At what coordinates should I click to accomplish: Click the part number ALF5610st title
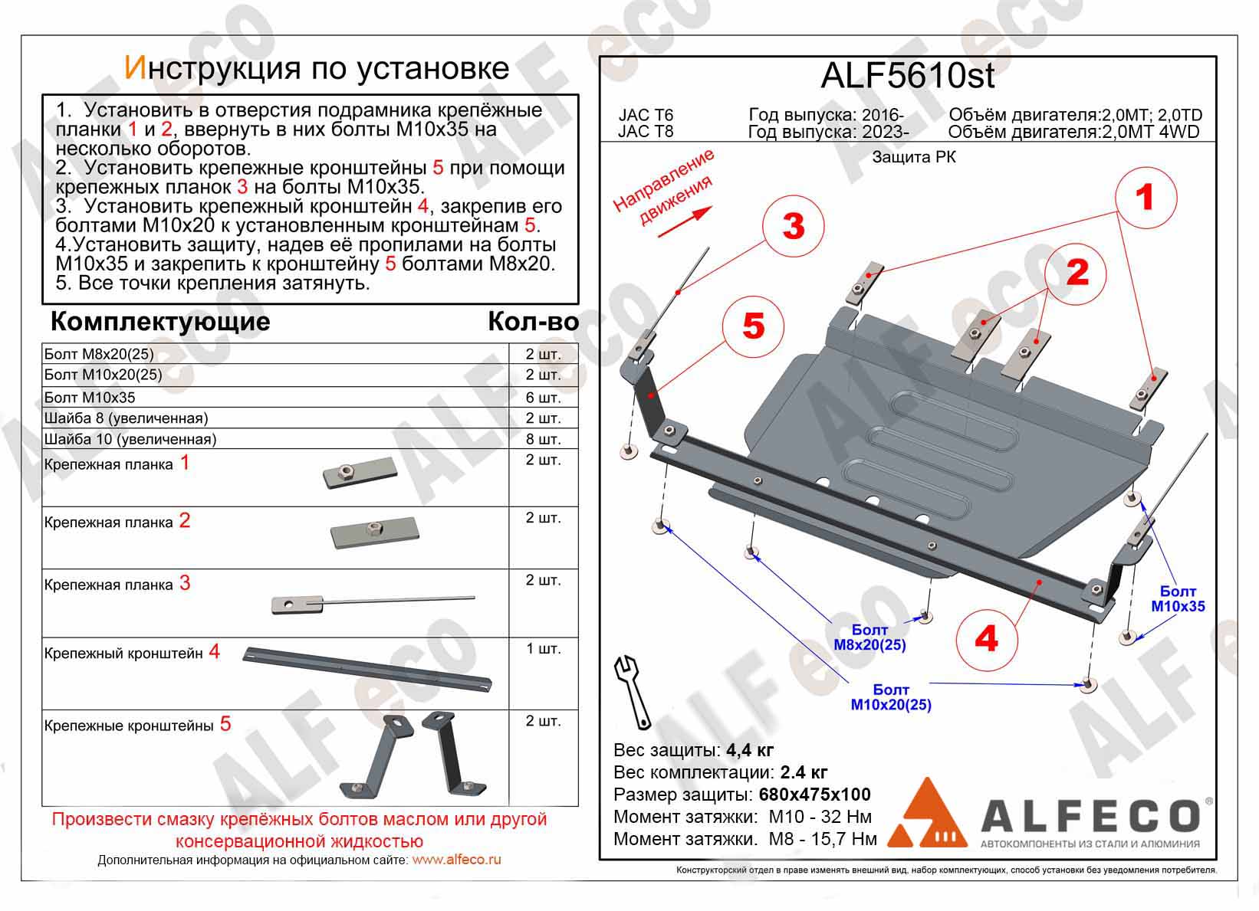(x=907, y=76)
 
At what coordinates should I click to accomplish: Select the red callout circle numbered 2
(x=1077, y=271)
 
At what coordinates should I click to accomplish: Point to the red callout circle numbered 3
(x=793, y=226)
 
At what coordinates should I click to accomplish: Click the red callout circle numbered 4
(x=987, y=637)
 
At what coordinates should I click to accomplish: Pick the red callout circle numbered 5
(x=754, y=326)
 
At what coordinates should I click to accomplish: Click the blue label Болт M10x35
(x=1178, y=599)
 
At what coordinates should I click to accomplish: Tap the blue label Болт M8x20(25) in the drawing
(x=869, y=637)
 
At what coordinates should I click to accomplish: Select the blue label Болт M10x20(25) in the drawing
(x=891, y=697)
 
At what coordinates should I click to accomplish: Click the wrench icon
(x=633, y=691)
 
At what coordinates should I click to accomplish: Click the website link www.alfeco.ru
(x=456, y=860)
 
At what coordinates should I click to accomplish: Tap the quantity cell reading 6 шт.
(x=543, y=398)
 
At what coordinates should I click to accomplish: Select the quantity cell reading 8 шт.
(x=543, y=439)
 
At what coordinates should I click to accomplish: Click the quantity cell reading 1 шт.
(x=543, y=649)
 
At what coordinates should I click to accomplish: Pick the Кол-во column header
(x=533, y=322)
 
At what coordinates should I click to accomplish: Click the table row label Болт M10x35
(x=90, y=398)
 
